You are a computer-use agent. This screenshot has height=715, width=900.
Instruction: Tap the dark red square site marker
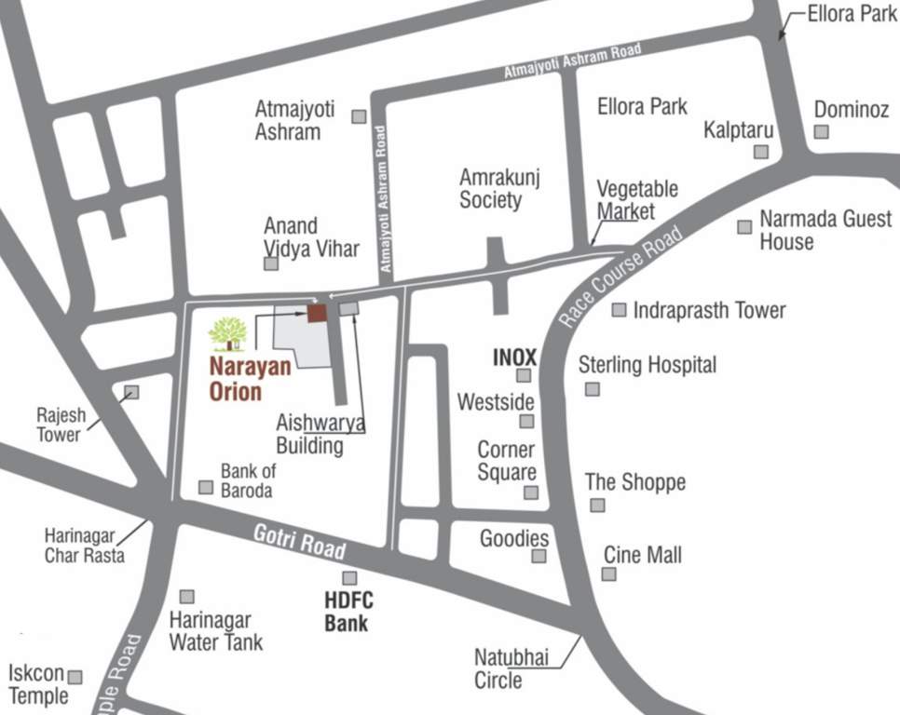pyautogui.click(x=318, y=313)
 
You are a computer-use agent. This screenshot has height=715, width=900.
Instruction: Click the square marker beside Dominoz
pyautogui.click(x=821, y=132)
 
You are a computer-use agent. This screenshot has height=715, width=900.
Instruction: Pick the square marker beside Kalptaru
pyautogui.click(x=761, y=151)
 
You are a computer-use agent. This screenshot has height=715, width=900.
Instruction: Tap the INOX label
pyautogui.click(x=514, y=357)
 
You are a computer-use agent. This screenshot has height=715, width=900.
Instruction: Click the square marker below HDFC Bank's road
pyautogui.click(x=349, y=578)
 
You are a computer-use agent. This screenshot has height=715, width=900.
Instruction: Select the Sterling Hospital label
pyautogui.click(x=648, y=364)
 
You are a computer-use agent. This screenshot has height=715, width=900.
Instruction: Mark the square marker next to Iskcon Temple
pyautogui.click(x=75, y=677)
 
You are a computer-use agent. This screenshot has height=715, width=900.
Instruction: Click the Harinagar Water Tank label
pyautogui.click(x=216, y=630)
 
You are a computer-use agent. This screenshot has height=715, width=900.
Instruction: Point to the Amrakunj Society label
pyautogui.click(x=499, y=187)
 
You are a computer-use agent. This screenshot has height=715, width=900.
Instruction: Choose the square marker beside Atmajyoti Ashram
pyautogui.click(x=359, y=116)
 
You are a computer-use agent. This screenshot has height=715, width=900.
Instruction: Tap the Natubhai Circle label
pyautogui.click(x=511, y=668)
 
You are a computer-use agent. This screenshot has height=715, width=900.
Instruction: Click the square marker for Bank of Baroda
pyautogui.click(x=206, y=487)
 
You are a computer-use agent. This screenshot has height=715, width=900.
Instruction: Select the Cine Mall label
pyautogui.click(x=643, y=556)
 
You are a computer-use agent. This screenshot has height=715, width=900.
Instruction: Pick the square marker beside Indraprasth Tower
pyautogui.click(x=619, y=310)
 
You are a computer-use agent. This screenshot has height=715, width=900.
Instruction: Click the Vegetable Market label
pyautogui.click(x=637, y=199)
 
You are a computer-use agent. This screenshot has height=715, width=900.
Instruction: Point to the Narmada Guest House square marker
pyautogui.click(x=744, y=226)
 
